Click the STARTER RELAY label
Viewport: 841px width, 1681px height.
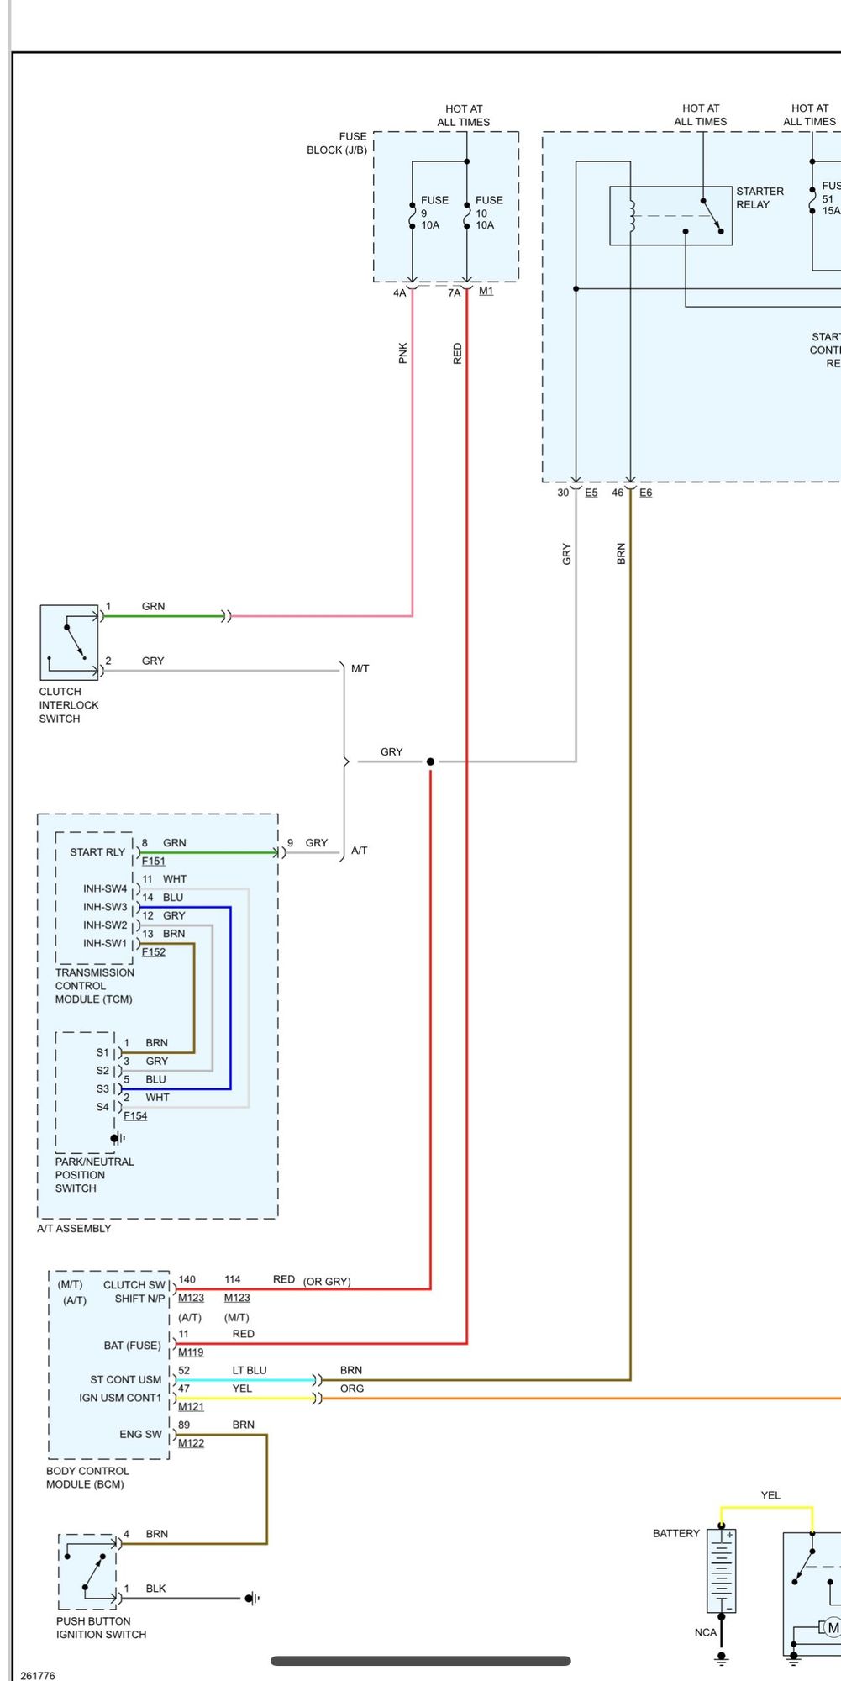(760, 198)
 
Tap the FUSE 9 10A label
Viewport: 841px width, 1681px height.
(434, 213)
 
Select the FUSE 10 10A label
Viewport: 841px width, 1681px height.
(488, 213)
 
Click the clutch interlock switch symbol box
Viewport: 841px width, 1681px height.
(69, 642)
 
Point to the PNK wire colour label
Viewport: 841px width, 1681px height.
(403, 353)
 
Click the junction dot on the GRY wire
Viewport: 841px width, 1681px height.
(430, 761)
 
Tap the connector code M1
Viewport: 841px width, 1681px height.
(486, 291)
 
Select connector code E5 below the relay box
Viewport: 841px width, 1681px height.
(591, 493)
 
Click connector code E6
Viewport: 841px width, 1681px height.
(645, 493)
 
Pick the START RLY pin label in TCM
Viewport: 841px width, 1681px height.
(97, 852)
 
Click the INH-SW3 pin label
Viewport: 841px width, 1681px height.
(105, 907)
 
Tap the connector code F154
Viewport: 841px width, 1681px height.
(135, 1116)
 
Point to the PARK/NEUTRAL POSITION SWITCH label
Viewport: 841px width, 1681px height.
(94, 1175)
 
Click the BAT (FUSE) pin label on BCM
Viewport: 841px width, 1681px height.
(132, 1346)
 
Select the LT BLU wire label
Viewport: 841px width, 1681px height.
(250, 1370)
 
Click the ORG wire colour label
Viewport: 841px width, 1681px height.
(352, 1389)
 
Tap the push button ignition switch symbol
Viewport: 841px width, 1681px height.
(87, 1572)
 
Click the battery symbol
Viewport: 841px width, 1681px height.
(721, 1571)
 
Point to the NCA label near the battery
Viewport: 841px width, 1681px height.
(706, 1632)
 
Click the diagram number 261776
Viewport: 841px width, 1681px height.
(38, 1675)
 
